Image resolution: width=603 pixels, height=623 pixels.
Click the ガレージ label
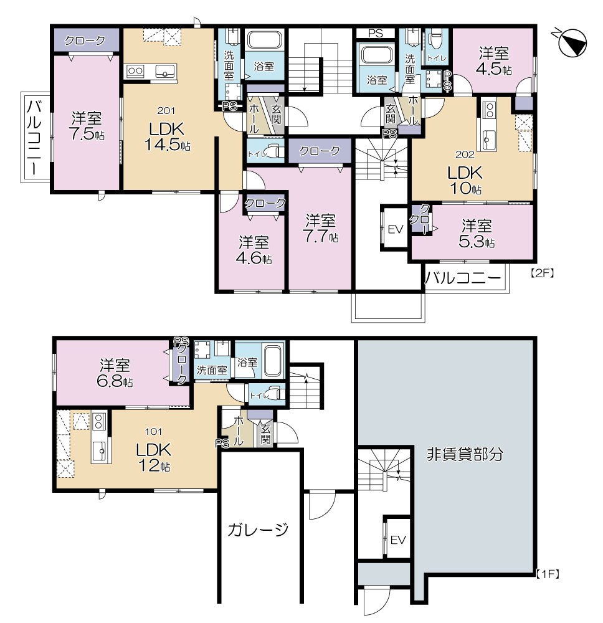click(258, 530)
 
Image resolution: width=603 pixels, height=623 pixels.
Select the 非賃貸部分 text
click(465, 454)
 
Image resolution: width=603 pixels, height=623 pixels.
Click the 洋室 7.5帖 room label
click(86, 125)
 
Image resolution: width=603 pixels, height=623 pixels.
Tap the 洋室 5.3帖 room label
click(477, 232)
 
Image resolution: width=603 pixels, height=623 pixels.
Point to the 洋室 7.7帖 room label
click(321, 228)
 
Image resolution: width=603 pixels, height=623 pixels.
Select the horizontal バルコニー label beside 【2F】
click(463, 278)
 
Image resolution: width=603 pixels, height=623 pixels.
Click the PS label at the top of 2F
click(376, 34)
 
